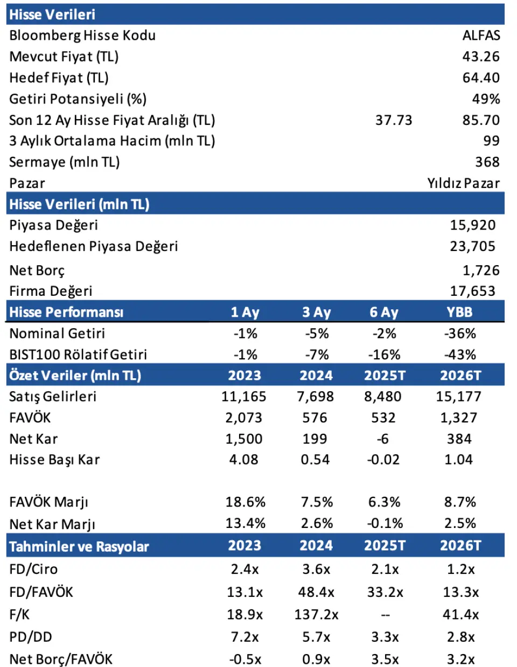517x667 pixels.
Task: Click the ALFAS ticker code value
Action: point(481,36)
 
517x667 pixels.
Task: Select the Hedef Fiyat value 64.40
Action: point(481,78)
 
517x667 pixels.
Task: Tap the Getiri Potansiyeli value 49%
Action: point(486,99)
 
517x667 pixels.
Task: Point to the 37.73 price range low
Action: point(394,120)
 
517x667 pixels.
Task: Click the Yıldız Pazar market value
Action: point(463,183)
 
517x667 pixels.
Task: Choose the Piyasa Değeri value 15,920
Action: point(472,225)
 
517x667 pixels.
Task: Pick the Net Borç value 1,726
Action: point(481,270)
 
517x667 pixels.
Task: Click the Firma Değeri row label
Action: point(51,291)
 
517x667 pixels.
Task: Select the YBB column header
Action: point(459,312)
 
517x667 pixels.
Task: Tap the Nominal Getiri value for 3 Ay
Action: point(317,333)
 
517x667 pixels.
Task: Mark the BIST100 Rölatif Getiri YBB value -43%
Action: point(460,355)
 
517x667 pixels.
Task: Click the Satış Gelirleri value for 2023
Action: point(244,397)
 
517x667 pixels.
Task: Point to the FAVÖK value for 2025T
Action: point(383,418)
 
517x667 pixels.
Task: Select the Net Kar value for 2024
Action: point(315,439)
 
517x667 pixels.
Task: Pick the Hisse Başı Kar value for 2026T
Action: point(459,460)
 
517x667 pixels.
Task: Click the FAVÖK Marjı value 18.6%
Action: point(245,502)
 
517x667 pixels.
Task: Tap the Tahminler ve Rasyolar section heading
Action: point(79,546)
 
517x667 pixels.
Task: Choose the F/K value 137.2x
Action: point(316,615)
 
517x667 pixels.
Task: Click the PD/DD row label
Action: point(31,637)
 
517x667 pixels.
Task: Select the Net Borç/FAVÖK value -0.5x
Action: point(245,659)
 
